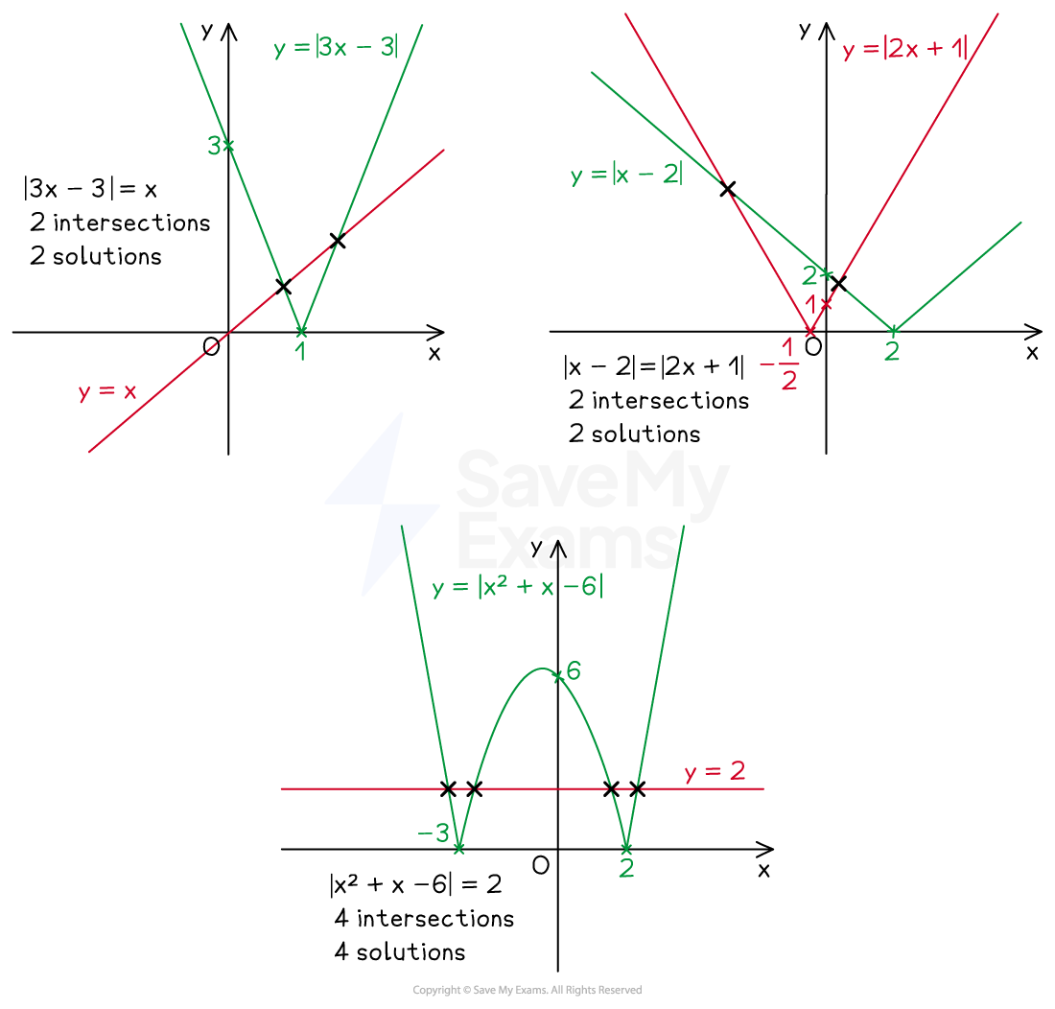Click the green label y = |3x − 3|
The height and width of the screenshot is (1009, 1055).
(x=337, y=48)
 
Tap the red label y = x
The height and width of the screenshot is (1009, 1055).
(x=107, y=390)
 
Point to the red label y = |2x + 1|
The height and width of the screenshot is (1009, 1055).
(x=905, y=49)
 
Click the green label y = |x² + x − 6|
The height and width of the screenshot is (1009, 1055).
(x=517, y=587)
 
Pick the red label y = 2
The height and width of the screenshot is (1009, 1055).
(x=715, y=771)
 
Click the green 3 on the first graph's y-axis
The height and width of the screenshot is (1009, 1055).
(x=215, y=145)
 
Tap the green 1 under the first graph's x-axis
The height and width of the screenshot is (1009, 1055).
(x=301, y=351)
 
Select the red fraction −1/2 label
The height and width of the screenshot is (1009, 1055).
(x=780, y=364)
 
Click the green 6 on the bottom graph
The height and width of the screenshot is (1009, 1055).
(x=574, y=670)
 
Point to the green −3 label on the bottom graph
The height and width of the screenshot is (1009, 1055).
(x=434, y=833)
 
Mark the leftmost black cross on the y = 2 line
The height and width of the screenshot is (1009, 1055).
(x=448, y=789)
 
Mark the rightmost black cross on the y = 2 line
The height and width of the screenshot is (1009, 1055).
(x=637, y=789)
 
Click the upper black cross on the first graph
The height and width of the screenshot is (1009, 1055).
(x=338, y=240)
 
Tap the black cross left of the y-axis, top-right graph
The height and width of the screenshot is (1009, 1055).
(x=727, y=188)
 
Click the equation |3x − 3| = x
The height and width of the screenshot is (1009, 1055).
(x=90, y=188)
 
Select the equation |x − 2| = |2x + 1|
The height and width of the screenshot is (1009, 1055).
(x=654, y=366)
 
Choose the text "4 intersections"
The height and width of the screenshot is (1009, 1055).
(x=424, y=918)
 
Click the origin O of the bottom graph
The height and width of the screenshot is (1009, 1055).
(x=541, y=865)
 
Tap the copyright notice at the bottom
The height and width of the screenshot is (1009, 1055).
(x=527, y=990)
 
